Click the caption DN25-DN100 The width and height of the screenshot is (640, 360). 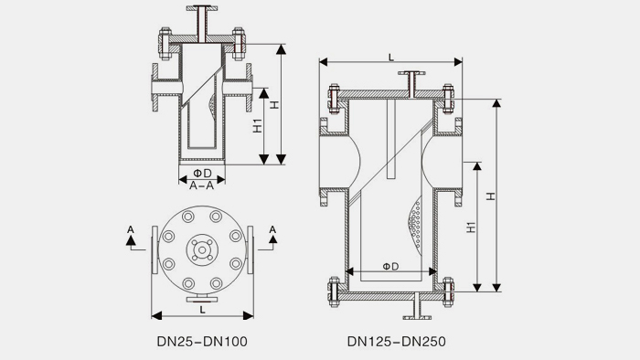(203, 343)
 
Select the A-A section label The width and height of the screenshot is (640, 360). (201, 185)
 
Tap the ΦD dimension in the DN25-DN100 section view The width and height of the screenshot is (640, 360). (202, 172)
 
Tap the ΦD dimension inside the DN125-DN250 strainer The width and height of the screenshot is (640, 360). (390, 266)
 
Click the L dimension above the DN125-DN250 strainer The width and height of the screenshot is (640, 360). (391, 57)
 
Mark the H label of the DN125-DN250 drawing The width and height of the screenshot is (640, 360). (491, 196)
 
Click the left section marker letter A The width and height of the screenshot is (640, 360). (131, 228)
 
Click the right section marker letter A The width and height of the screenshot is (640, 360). (272, 228)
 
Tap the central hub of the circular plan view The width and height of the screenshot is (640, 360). (201, 247)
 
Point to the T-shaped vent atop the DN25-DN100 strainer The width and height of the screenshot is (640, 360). (201, 18)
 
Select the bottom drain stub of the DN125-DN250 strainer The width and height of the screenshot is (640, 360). (417, 309)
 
